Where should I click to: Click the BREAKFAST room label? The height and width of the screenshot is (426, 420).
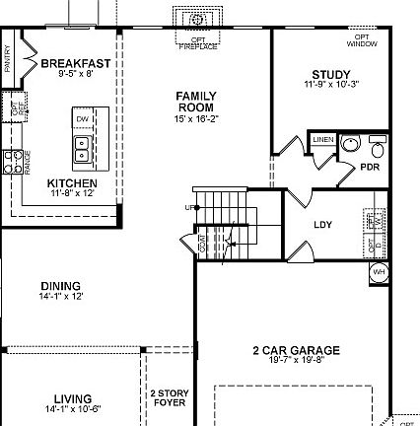76,63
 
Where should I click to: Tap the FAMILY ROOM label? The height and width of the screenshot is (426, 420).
196,102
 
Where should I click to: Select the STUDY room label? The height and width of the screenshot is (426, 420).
331,75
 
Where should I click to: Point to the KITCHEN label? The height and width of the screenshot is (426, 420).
72,183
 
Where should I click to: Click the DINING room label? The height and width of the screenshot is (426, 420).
61,287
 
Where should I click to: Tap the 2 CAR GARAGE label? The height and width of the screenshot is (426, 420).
296,350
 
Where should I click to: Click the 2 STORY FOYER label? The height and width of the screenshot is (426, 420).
169,397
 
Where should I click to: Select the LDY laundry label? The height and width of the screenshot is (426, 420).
322,225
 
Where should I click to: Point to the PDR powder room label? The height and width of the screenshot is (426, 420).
370,168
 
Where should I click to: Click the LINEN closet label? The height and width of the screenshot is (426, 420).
323,140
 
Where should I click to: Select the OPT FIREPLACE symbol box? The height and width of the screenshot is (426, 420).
195,19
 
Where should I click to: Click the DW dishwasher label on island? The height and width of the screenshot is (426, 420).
83,119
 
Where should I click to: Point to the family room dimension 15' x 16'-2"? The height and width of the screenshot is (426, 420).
196,118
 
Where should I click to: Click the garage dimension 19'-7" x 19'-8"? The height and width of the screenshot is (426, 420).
296,361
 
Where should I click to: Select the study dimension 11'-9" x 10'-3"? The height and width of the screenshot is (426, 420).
331,85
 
